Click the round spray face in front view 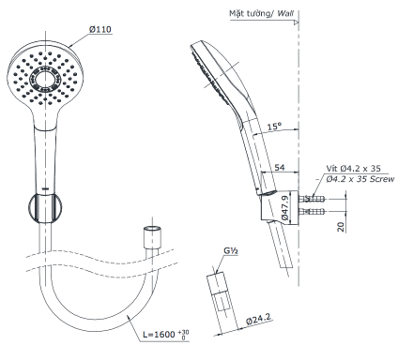41,75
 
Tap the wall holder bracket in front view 42,207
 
